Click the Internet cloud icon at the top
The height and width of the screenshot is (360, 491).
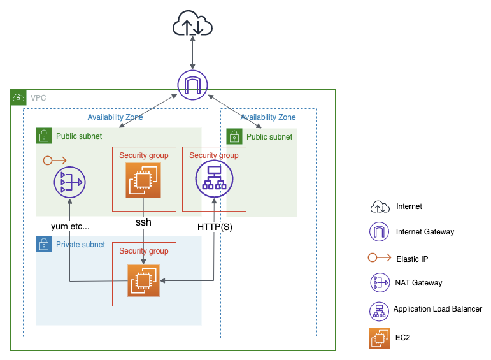click(x=192, y=26)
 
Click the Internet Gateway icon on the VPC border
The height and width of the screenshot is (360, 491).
click(x=192, y=85)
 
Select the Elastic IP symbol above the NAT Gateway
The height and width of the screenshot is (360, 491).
click(x=54, y=160)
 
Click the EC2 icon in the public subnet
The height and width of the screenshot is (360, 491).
click(x=143, y=180)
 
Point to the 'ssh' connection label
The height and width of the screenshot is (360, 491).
click(x=143, y=222)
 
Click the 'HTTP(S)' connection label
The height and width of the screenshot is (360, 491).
click(x=215, y=226)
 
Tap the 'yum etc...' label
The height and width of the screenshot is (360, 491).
click(x=71, y=226)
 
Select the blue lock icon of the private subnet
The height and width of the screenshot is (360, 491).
click(x=43, y=244)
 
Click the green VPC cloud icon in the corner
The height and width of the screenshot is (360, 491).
click(x=18, y=98)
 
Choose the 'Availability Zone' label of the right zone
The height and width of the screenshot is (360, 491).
click(x=268, y=117)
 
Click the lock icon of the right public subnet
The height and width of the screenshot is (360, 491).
click(x=234, y=136)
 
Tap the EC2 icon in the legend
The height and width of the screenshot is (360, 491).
click(x=380, y=338)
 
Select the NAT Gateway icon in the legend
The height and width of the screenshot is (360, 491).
click(x=380, y=282)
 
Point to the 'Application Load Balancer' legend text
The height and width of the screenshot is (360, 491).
click(x=438, y=309)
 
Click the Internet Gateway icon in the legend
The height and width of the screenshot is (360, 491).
click(x=380, y=232)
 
